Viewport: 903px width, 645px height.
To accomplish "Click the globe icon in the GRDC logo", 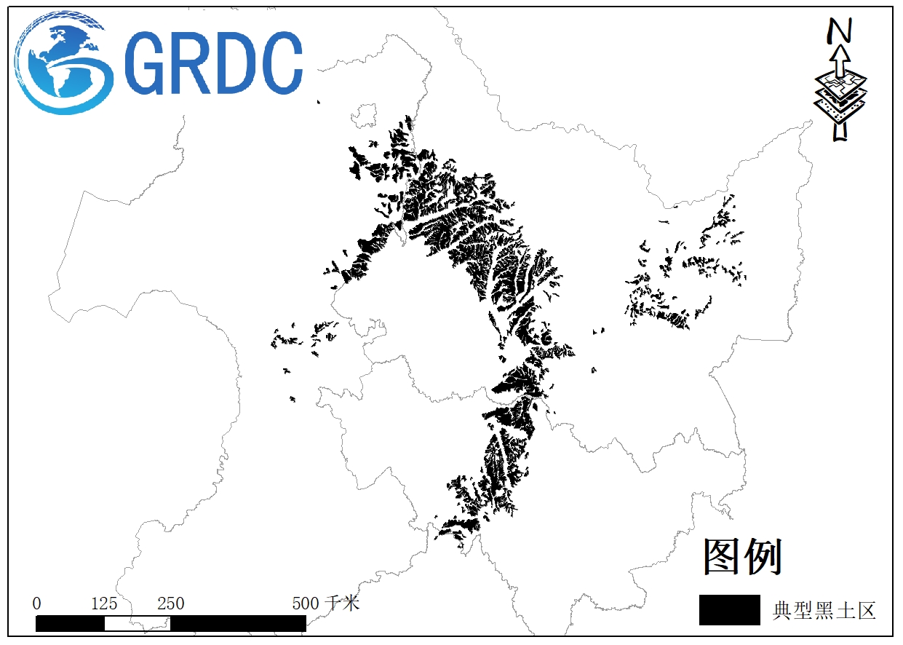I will (x=64, y=64).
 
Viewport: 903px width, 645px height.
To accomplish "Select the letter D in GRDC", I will (x=234, y=64).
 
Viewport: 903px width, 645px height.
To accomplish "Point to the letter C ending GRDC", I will (x=280, y=64).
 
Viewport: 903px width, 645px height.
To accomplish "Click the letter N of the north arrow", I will (x=840, y=30).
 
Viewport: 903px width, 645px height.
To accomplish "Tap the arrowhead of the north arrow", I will (x=840, y=55).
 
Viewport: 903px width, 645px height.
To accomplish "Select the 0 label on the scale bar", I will (x=37, y=604).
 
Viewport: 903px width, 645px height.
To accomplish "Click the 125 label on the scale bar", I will (x=104, y=604).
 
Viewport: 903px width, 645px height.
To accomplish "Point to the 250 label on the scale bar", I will (x=171, y=604).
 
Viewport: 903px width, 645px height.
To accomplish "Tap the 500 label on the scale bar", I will (x=306, y=604).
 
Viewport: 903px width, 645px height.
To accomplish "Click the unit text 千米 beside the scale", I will (x=343, y=604).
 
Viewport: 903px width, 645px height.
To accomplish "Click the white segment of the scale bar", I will (x=138, y=624).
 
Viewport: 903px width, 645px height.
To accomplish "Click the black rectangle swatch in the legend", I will (x=729, y=610).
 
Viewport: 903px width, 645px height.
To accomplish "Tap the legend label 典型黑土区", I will (x=824, y=611).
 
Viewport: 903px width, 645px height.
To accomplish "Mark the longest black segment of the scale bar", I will (x=238, y=624).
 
